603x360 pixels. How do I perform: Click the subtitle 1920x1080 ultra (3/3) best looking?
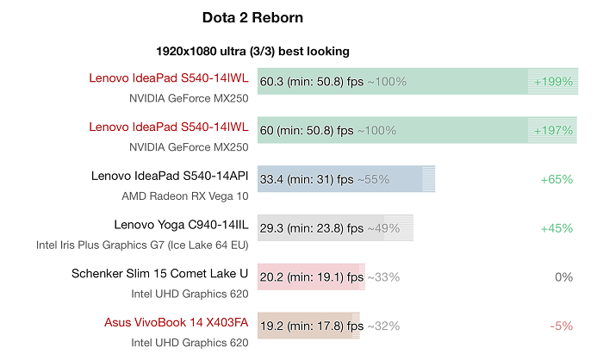[x=252, y=51]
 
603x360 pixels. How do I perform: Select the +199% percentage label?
[x=553, y=82]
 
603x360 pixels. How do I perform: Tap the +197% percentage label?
[x=553, y=131]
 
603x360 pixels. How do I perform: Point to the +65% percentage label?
[x=556, y=180]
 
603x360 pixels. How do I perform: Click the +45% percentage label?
[x=556, y=228]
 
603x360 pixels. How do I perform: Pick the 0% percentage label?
[x=564, y=277]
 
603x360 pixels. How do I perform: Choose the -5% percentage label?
[x=561, y=326]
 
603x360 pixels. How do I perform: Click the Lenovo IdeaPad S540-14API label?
[x=170, y=177]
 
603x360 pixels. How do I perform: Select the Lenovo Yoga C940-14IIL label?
[x=181, y=225]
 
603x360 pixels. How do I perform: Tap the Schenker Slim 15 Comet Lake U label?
[x=160, y=274]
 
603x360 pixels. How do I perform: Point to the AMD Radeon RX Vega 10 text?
[x=185, y=196]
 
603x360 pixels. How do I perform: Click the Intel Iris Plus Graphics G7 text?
[x=142, y=245]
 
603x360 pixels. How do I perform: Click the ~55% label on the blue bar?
[x=373, y=180]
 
